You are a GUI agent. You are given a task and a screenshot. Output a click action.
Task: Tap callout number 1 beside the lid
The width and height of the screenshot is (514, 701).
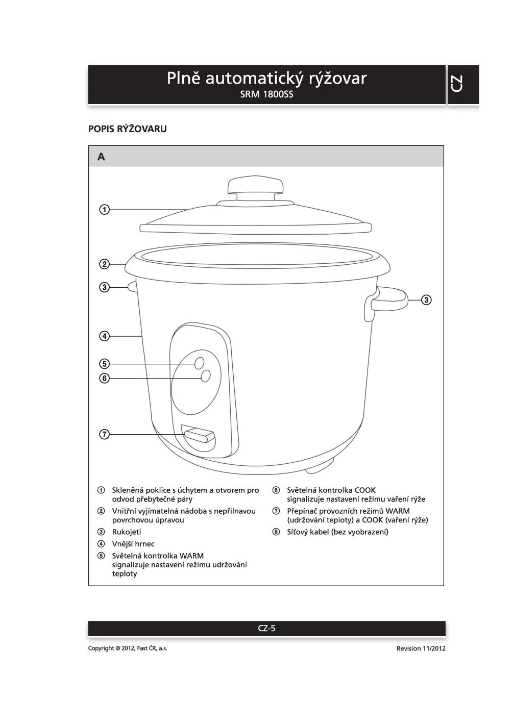click(x=104, y=209)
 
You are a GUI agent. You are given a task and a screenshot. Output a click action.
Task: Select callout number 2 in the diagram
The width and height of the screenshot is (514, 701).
click(x=104, y=264)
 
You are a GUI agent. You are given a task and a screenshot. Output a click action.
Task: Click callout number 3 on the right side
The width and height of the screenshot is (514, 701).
click(x=426, y=299)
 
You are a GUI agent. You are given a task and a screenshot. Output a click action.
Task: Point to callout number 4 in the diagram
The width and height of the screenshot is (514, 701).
click(x=104, y=336)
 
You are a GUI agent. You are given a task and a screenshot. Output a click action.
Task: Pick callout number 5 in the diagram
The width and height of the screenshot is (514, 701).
click(x=104, y=364)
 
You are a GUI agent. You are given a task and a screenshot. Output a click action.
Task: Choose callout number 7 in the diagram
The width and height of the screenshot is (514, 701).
click(x=104, y=434)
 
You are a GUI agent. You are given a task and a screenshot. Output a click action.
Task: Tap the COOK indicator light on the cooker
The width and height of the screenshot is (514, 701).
click(x=206, y=376)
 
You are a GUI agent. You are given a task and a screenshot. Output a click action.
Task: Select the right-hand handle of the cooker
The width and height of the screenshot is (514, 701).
click(x=390, y=299)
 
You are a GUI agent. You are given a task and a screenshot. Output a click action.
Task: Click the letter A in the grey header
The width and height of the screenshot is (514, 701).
click(x=101, y=157)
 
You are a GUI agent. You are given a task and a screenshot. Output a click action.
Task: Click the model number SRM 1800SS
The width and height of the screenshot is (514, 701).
click(x=266, y=94)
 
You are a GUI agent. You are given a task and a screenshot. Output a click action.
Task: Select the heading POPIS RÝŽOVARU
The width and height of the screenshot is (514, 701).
click(x=127, y=129)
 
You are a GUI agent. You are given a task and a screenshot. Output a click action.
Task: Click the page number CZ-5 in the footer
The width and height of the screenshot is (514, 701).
click(x=266, y=628)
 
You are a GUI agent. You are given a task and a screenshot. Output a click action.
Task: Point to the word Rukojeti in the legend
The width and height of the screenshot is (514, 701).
click(x=127, y=532)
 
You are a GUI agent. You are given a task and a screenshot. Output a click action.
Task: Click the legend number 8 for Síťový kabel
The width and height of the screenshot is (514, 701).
click(x=276, y=532)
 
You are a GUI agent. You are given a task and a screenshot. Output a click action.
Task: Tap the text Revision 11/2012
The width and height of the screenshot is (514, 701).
click(x=421, y=648)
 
